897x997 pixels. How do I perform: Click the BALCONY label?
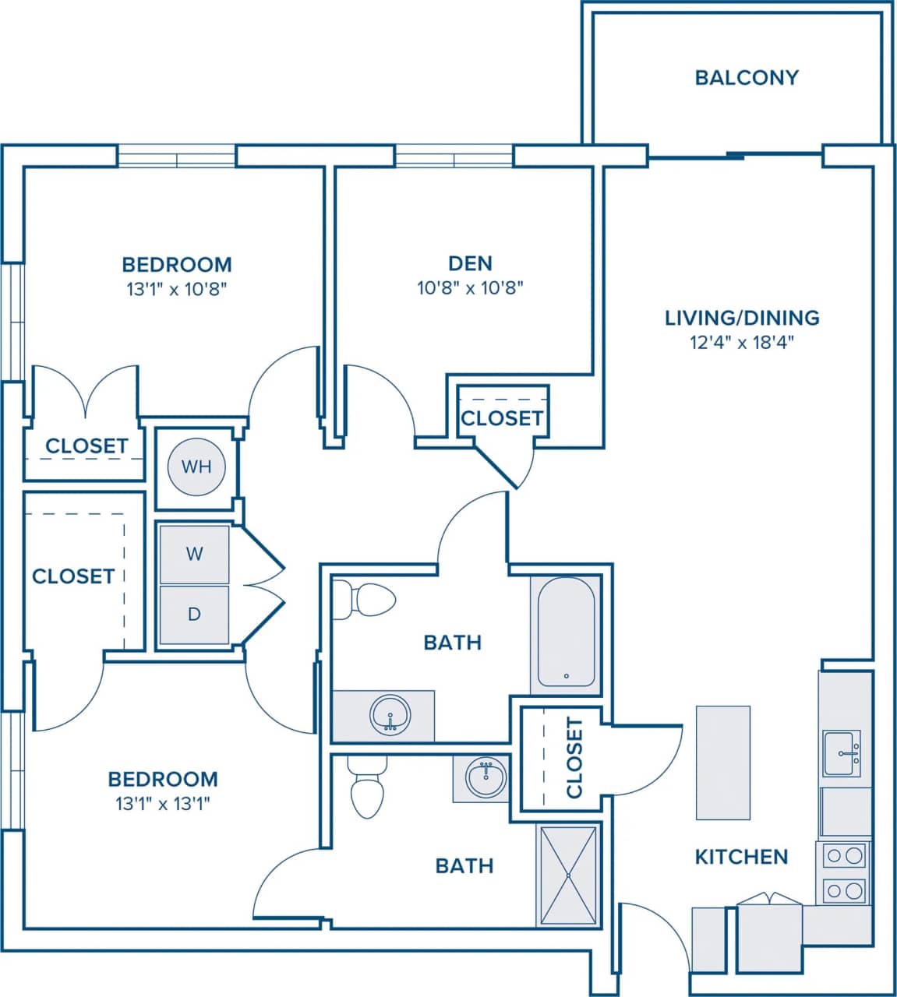[x=746, y=78]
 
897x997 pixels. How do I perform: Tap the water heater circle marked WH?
[x=196, y=467]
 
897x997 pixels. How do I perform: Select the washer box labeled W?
[x=194, y=554]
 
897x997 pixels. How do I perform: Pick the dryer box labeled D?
[x=194, y=615]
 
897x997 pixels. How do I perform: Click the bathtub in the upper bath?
[x=566, y=631]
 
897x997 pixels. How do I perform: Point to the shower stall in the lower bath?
[x=568, y=875]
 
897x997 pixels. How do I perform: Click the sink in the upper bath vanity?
[x=390, y=715]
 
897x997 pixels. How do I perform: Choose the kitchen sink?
[x=842, y=753]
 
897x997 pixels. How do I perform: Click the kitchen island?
[x=722, y=763]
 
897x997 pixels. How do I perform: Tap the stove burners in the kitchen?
[x=845, y=872]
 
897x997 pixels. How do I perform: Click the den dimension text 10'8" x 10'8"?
[x=470, y=288]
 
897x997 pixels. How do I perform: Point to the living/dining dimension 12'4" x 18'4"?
[x=742, y=342]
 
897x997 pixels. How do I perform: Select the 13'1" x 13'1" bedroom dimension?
[x=163, y=804]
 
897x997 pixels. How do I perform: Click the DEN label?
[x=470, y=263]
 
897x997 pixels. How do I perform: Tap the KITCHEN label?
[x=741, y=857]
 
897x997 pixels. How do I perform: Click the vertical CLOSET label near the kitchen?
[x=574, y=758]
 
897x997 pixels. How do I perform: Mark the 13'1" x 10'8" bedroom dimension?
[x=176, y=290]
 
